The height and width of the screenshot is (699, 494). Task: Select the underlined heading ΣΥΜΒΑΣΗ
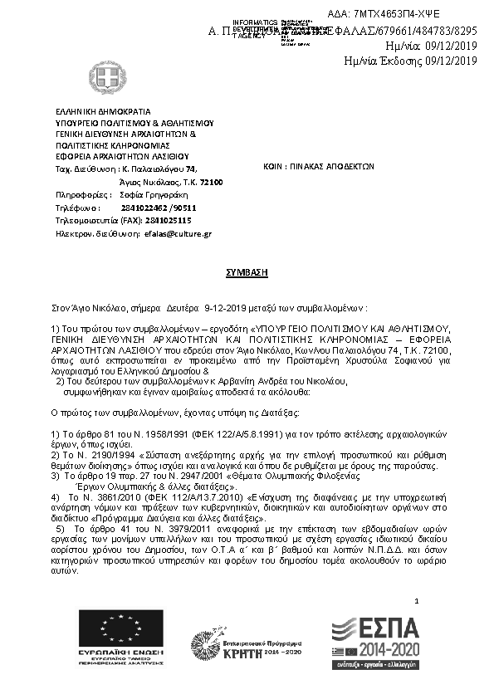pyautogui.click(x=247, y=271)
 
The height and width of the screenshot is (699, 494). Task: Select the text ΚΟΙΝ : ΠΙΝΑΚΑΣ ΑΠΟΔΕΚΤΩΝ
pyautogui.click(x=324, y=166)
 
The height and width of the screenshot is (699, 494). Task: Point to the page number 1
pyautogui.click(x=417, y=600)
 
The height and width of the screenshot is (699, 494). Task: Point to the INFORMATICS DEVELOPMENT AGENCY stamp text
pyautogui.click(x=256, y=28)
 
